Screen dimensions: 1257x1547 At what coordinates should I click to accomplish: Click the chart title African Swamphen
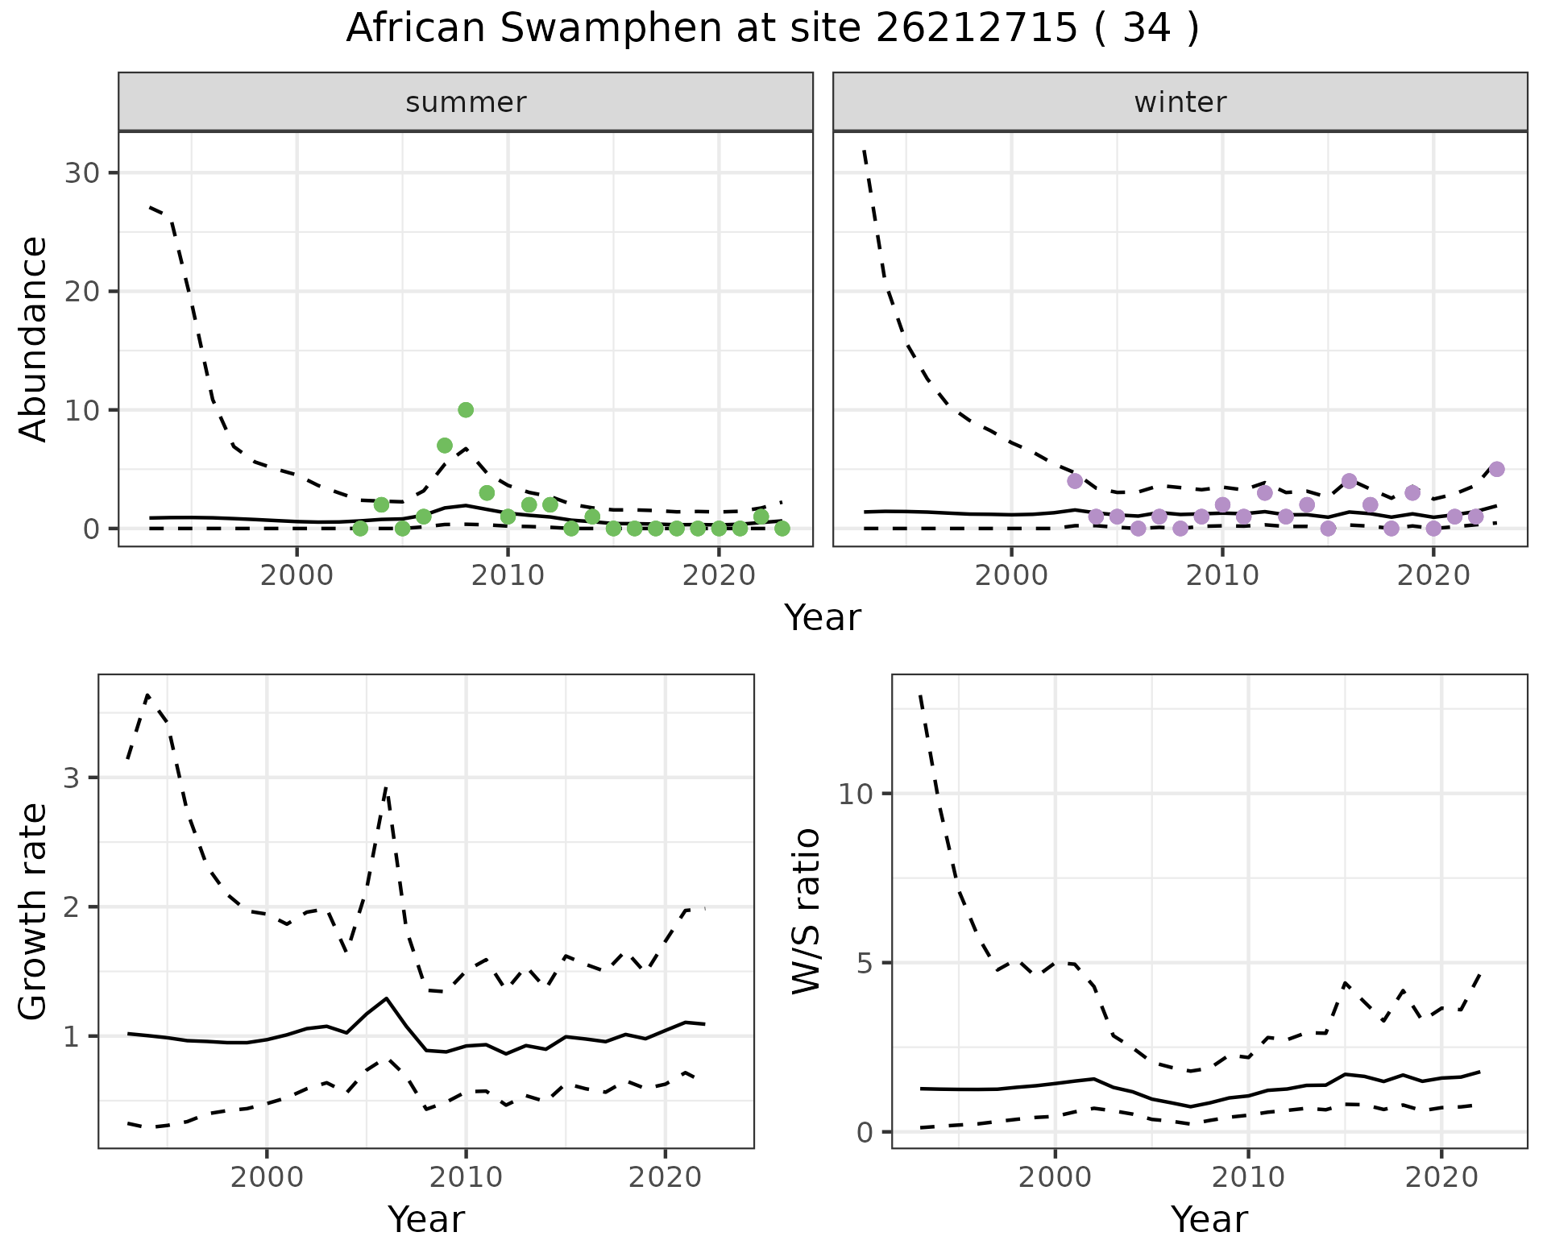[x=772, y=29]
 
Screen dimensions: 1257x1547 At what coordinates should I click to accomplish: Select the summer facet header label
[x=466, y=102]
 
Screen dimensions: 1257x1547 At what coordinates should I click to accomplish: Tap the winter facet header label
[x=1180, y=102]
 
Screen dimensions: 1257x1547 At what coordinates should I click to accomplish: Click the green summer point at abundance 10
[x=466, y=410]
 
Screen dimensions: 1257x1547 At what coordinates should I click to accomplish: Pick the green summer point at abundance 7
[x=445, y=446]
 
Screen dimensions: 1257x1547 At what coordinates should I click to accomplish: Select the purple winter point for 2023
[x=1497, y=469]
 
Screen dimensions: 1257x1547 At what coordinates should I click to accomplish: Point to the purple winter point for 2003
[x=1075, y=481]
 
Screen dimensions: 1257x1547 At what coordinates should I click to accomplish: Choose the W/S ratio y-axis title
[x=806, y=911]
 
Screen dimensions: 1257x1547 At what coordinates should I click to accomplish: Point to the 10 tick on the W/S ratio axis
[x=856, y=794]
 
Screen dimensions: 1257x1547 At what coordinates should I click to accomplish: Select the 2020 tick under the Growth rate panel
[x=665, y=1177]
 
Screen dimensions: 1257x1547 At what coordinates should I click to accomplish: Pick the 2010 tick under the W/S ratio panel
[x=1248, y=1177]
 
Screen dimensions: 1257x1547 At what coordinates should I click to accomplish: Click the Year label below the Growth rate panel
[x=426, y=1219]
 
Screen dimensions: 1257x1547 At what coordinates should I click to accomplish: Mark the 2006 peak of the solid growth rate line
[x=387, y=998]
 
